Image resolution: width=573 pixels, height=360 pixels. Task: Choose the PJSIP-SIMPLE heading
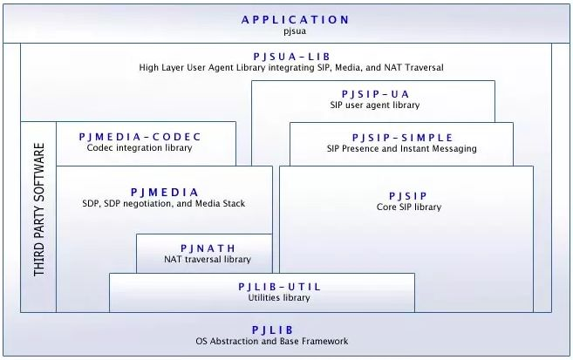[x=402, y=137]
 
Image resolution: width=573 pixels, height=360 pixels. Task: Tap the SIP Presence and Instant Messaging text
[x=402, y=149]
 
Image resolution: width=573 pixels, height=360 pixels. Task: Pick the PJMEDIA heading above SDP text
[x=165, y=192]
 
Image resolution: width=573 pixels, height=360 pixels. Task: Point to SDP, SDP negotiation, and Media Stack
[x=165, y=204]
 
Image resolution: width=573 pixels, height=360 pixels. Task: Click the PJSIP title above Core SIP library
[x=408, y=195]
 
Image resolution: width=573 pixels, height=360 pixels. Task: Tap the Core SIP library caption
[x=408, y=207]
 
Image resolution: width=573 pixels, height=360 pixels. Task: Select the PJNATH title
[x=208, y=248]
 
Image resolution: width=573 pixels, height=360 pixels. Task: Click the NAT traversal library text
[x=208, y=259]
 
